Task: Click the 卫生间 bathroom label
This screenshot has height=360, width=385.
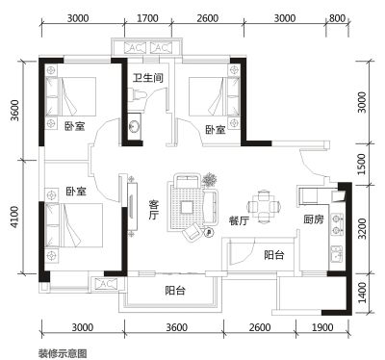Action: (148, 78)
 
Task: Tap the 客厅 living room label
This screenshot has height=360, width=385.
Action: (154, 210)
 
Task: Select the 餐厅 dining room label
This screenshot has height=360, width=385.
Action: (239, 220)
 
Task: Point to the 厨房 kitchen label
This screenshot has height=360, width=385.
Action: (314, 219)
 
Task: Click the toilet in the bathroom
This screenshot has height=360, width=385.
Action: (138, 94)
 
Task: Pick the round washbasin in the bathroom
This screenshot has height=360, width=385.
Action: (134, 126)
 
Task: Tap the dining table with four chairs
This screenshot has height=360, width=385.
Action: (265, 207)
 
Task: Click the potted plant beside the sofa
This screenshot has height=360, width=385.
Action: (210, 179)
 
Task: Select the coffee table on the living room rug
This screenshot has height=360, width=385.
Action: (187, 207)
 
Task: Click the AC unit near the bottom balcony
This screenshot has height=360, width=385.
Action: (106, 284)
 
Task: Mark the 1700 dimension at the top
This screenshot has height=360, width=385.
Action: (147, 18)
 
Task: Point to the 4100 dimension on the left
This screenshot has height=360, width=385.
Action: (14, 218)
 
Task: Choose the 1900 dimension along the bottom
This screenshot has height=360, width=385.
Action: (322, 327)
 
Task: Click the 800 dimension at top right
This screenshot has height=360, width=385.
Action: (337, 18)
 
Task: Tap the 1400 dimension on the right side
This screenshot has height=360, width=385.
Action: (362, 293)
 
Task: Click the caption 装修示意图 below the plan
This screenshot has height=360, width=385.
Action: (63, 353)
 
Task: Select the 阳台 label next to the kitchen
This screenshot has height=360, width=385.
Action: (274, 255)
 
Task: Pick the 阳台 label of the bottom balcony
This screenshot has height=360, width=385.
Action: (175, 291)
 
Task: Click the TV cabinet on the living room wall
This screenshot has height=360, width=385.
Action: (133, 206)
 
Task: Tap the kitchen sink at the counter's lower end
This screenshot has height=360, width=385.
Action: (336, 253)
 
